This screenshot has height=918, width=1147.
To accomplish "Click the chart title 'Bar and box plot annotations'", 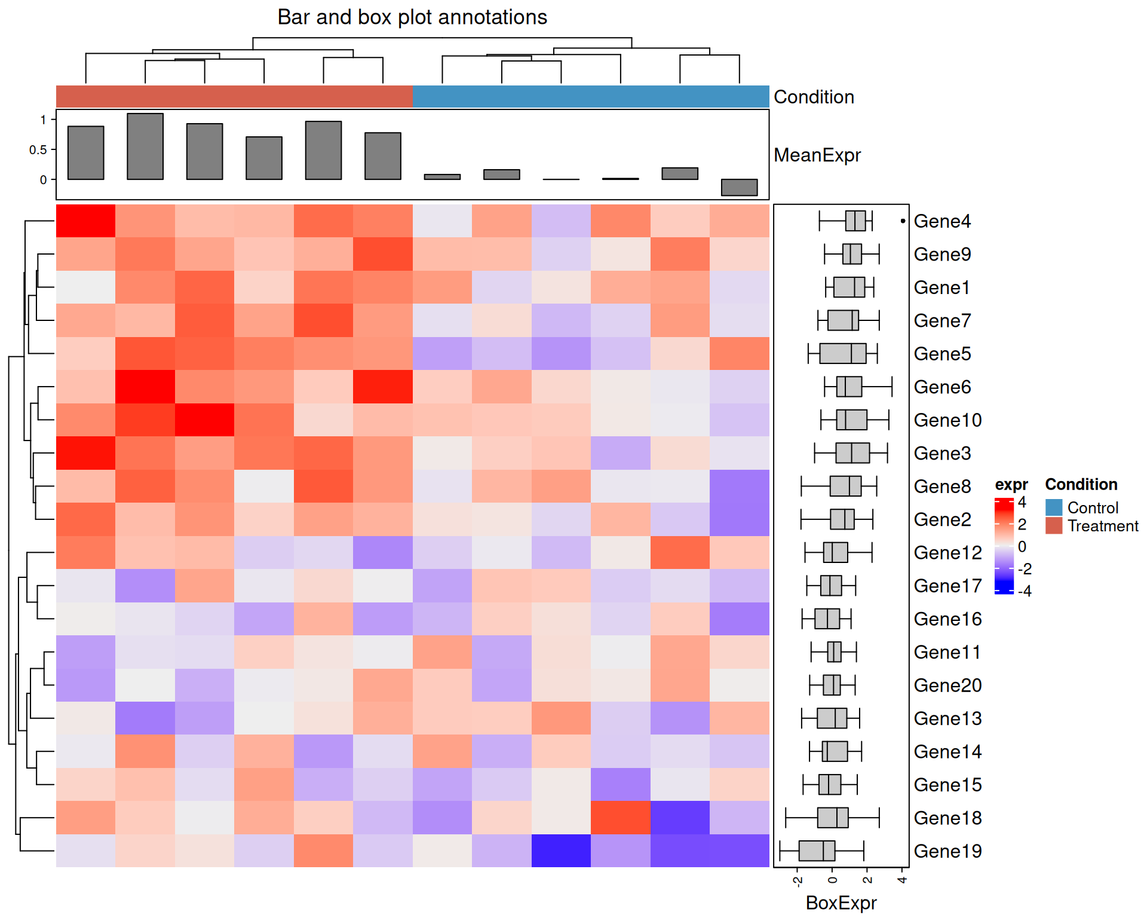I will click(412, 17).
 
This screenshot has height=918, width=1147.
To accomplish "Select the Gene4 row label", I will click(941, 221).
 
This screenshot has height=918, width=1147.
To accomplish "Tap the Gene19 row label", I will click(947, 851).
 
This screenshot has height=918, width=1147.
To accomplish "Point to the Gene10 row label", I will click(947, 420).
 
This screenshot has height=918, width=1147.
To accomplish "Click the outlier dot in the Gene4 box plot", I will click(903, 221).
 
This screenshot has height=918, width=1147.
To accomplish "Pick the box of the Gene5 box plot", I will click(842, 354).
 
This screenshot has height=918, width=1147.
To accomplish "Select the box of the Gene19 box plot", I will click(817, 851).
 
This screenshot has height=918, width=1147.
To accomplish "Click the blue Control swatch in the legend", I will click(1054, 507).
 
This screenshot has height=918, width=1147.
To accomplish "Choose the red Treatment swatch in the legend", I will click(1054, 526).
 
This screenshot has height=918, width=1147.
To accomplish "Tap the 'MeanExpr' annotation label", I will click(817, 155).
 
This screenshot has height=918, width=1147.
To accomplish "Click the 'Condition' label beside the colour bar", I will click(813, 97).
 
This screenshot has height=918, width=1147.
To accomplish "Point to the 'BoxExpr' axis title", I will click(841, 902).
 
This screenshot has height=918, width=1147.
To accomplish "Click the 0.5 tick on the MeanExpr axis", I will click(38, 149).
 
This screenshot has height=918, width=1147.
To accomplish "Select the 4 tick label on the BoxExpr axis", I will click(902, 880).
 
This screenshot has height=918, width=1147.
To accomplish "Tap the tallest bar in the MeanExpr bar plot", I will click(145, 146).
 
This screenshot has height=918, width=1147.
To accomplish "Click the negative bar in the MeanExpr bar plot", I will click(739, 187).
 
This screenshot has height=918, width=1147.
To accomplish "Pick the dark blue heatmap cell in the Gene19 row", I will click(561, 851).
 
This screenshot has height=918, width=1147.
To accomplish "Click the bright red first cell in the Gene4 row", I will click(86, 221).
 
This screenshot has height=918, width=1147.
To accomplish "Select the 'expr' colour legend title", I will click(1011, 485).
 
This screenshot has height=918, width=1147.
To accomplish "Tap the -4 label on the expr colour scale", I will click(1025, 591).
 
